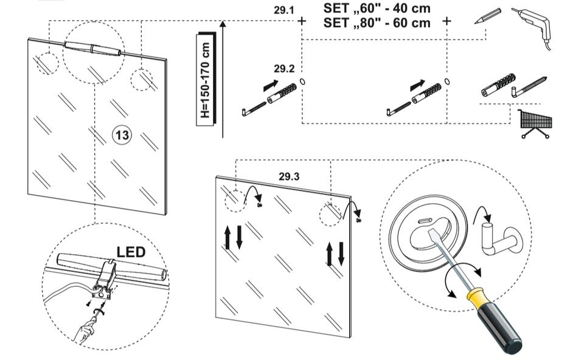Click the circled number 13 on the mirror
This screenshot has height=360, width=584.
[122, 134]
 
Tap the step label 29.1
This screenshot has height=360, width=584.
[283, 10]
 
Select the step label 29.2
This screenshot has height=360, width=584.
[283, 68]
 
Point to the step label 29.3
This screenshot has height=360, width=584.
[290, 177]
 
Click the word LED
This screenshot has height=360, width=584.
[130, 252]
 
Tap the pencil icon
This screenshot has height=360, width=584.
[488, 16]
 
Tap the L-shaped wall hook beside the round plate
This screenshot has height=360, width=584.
[496, 240]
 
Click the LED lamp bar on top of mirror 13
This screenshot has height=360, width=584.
[92, 48]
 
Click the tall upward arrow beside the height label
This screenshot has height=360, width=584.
[223, 79]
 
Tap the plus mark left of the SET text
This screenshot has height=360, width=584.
[302, 21]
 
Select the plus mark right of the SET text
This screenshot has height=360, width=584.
[447, 21]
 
